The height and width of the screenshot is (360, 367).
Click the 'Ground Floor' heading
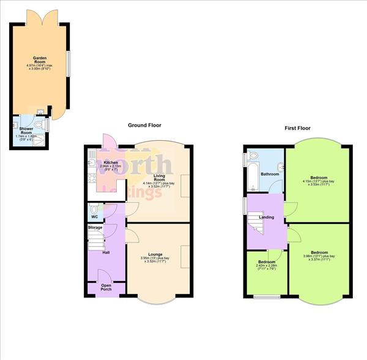coord(144,125)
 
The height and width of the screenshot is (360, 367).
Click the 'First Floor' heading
coord(297,129)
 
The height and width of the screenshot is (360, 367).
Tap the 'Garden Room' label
coord(40,60)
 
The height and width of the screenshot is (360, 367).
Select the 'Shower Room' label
coord(26,130)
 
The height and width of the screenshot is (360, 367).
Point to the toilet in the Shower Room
coord(42,124)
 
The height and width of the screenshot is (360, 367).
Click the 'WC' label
coord(94,216)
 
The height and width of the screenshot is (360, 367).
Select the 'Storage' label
coord(95,228)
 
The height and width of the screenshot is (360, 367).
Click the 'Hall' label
coord(106,252)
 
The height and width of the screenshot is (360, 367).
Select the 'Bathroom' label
coord(270,174)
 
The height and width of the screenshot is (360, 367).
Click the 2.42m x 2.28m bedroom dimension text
coord(267,268)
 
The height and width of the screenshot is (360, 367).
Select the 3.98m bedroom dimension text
coord(319,257)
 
